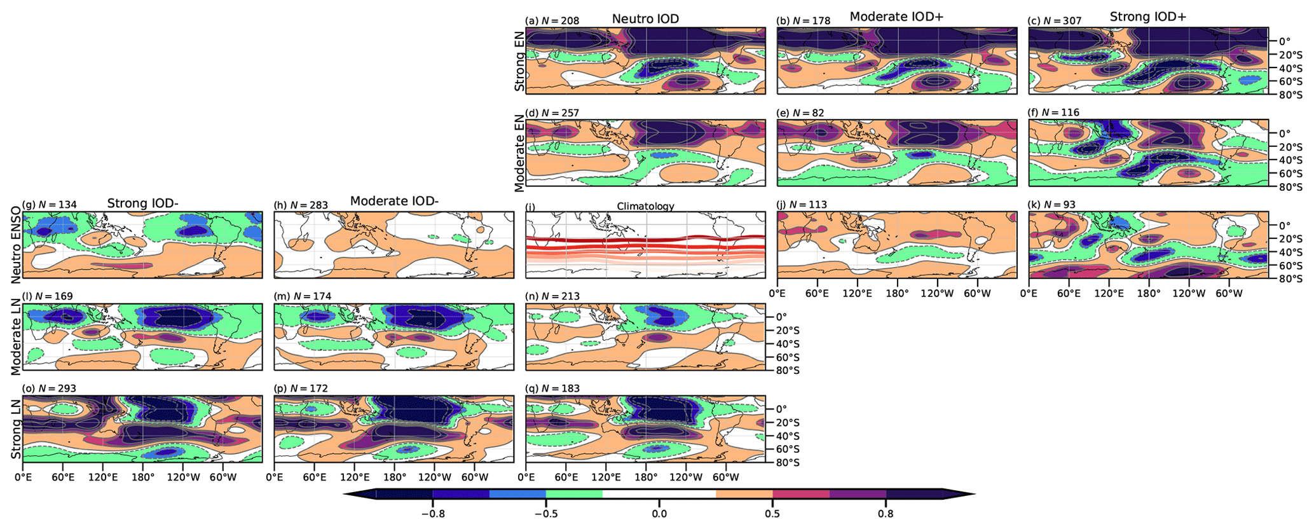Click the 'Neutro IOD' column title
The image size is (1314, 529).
click(x=645, y=19)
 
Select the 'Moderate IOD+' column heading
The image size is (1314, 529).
click(x=896, y=17)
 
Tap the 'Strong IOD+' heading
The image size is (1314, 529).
click(x=1147, y=17)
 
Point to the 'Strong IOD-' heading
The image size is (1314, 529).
click(x=142, y=203)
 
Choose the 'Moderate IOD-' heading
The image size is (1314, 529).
click(x=394, y=202)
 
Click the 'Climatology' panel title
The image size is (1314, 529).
click(x=645, y=207)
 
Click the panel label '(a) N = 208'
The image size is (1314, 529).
click(x=552, y=21)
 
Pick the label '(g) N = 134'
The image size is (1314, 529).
click(x=49, y=205)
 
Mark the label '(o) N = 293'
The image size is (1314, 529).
click(x=49, y=388)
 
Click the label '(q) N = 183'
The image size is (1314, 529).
click(x=552, y=388)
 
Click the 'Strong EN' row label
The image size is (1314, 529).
click(x=520, y=62)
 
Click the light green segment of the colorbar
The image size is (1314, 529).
click(x=574, y=494)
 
